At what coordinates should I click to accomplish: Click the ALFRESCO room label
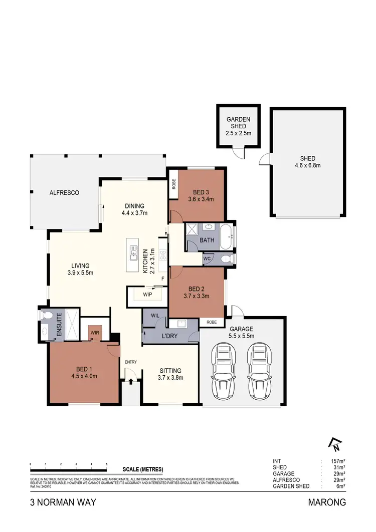point(64,192)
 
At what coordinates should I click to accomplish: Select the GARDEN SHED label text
point(239,123)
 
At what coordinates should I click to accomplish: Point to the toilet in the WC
point(225,258)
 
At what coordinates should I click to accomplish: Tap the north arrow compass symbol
point(334,443)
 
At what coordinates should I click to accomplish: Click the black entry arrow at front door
point(131,382)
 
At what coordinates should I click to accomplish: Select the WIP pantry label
point(147,295)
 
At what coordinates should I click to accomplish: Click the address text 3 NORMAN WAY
point(56,502)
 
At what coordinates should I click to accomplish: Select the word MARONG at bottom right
point(328,502)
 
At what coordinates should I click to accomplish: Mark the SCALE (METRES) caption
point(143,469)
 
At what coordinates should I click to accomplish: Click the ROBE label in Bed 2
point(212,323)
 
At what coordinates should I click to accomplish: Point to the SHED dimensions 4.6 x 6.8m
point(307,165)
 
